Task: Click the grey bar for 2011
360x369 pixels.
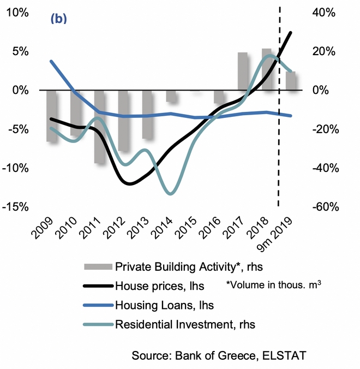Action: click(100, 127)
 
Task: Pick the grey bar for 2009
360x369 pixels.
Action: click(52, 116)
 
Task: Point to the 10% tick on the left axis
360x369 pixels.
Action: click(19, 13)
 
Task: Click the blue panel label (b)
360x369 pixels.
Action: click(58, 18)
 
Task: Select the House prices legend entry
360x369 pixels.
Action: click(155, 285)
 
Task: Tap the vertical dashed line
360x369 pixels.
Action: click(279, 136)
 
